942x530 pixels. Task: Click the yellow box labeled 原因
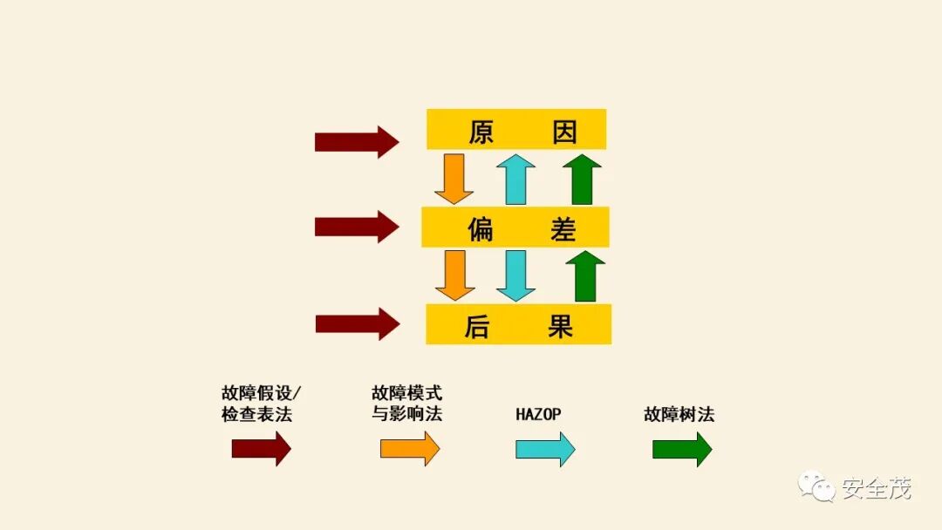tap(516, 130)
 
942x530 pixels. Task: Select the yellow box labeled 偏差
tap(515, 228)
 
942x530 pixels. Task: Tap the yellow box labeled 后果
tap(518, 324)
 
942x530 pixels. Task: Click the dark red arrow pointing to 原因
tap(356, 141)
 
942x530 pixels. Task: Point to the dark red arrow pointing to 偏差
tap(356, 228)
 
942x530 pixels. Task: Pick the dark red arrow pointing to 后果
tap(356, 324)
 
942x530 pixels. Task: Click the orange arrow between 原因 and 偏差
tap(454, 179)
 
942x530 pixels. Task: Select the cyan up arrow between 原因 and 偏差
tap(516, 179)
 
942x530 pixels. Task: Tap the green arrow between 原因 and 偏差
tap(582, 179)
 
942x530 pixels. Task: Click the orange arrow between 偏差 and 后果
tap(454, 275)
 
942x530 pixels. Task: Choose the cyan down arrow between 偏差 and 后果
tap(516, 275)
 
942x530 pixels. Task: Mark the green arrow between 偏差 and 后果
tap(584, 275)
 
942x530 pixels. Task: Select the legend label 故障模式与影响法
tap(406, 404)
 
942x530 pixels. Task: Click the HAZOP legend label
tap(538, 414)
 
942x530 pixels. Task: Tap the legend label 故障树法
tap(679, 414)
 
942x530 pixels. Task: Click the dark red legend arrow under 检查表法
tap(261, 449)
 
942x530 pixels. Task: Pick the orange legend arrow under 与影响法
tap(410, 449)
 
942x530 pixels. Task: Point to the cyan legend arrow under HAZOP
tap(545, 449)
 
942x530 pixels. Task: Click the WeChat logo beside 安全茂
tap(817, 487)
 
